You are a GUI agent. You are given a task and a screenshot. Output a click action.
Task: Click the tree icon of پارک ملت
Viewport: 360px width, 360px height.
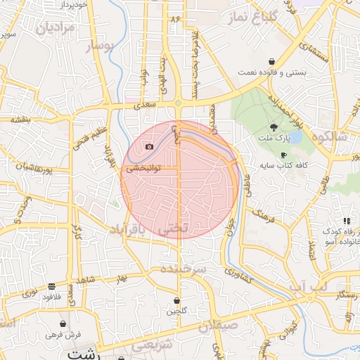pos(273,127)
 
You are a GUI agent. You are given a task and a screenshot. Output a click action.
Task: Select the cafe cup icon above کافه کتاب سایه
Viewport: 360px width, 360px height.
pos(283,155)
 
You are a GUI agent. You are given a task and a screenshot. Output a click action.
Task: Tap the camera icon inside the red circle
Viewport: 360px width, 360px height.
pos(149,146)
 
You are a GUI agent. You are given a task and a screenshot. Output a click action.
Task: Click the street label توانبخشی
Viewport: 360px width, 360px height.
pos(144,169)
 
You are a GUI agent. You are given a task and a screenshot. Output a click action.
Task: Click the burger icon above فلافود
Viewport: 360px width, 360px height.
pos(52,286)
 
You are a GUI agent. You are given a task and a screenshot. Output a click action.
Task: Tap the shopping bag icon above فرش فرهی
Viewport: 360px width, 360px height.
pos(63,324)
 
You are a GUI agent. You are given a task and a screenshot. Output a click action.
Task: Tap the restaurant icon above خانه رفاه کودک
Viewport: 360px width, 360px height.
pos(346,221)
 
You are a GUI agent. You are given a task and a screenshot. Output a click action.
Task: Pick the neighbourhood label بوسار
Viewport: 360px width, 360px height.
pos(99,47)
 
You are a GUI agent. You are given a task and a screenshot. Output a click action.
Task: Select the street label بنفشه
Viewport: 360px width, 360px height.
pos(20,120)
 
